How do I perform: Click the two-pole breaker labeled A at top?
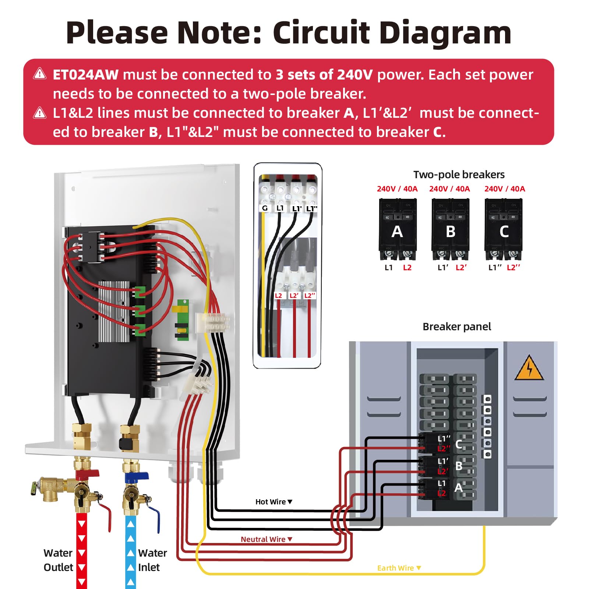coord(397,230)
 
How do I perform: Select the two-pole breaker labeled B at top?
coord(450,230)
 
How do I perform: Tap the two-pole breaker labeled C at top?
coord(503,230)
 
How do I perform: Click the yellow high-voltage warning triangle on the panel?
coord(529,368)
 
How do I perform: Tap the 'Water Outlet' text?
coord(58,560)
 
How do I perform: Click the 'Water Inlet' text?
coord(152,560)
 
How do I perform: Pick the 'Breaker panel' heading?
coord(456,327)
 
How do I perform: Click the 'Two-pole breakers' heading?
coord(459,174)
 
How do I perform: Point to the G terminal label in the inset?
coord(264,208)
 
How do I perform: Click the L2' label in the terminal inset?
coord(294,296)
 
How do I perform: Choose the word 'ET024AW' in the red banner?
coord(85,75)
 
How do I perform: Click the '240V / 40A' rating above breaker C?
coord(504,189)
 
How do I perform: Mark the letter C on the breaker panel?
coord(459,444)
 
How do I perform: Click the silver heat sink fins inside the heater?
coord(114,311)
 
